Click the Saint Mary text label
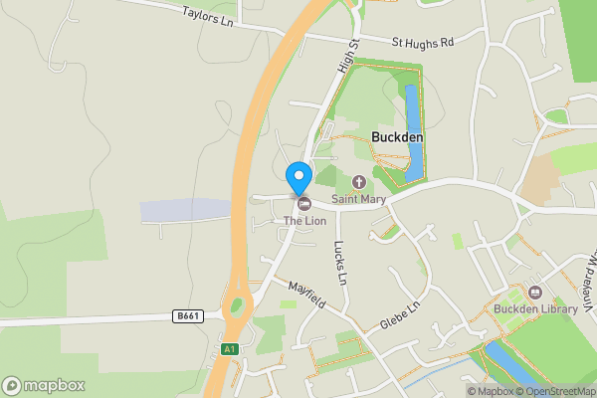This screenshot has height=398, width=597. [x=359, y=199]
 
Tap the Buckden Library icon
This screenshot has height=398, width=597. [x=535, y=293]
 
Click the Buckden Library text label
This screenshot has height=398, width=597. [x=535, y=309]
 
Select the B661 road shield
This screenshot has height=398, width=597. [x=187, y=315]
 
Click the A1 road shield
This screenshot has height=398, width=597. [x=230, y=349]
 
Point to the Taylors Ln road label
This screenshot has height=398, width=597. [x=207, y=15]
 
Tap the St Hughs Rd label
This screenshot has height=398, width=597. [x=422, y=43]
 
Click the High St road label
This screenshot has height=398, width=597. [x=346, y=56]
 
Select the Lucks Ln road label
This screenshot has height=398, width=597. [x=340, y=262]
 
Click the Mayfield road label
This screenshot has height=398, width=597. [x=308, y=296]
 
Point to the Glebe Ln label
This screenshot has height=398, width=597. [x=402, y=318]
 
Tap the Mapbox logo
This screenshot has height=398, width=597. [x=43, y=385]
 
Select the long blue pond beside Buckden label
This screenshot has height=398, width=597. [x=413, y=134]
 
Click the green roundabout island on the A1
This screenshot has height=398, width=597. [x=237, y=305]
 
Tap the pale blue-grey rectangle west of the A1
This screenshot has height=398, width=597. [x=186, y=211]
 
